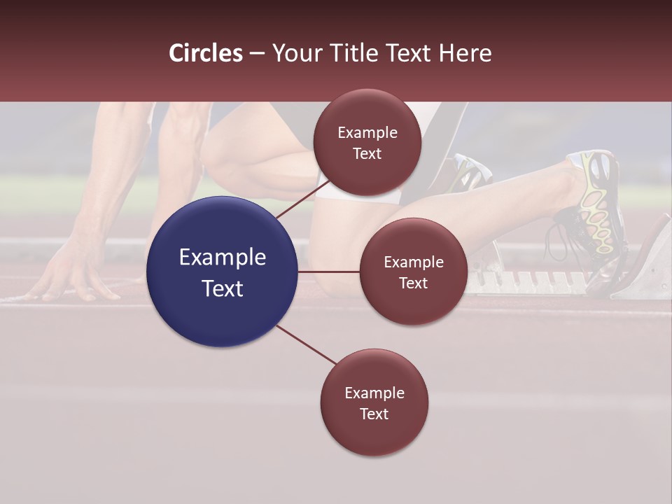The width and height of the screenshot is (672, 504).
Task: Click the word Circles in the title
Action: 205,53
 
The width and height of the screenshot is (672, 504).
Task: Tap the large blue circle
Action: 223,272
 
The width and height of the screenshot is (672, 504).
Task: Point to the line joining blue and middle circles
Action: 329,272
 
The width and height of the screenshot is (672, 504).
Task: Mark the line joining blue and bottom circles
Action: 305,344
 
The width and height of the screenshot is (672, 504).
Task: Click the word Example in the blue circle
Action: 223,257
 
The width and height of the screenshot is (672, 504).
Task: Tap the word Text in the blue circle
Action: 223,288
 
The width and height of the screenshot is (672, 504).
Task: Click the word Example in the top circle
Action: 367,132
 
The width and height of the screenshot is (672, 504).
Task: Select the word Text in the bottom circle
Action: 374,414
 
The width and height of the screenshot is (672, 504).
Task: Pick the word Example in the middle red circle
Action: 414,262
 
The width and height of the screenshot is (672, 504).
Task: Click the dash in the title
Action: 257,53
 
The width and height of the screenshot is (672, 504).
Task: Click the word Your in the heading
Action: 293,53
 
